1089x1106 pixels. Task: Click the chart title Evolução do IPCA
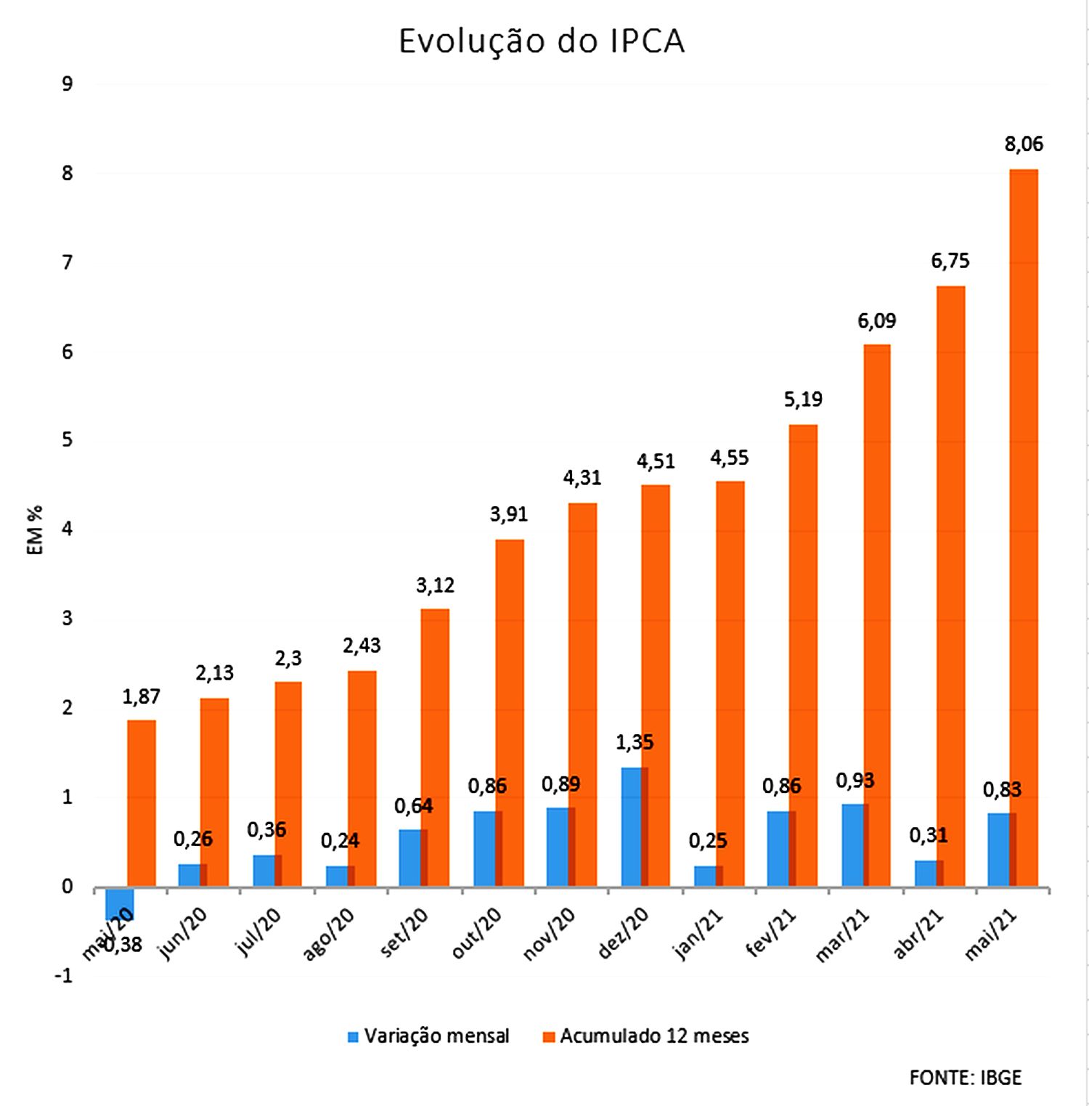point(542,41)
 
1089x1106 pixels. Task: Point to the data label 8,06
point(1024,145)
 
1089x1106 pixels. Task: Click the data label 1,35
point(635,742)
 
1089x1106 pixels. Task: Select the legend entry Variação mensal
point(428,1036)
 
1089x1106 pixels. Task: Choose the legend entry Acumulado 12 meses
point(645,1036)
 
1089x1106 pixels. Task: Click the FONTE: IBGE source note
point(965,1078)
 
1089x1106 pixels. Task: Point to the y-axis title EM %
point(35,530)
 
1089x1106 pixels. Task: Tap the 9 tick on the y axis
point(68,84)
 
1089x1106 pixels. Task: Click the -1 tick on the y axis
point(64,976)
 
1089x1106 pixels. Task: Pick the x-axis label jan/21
point(699,935)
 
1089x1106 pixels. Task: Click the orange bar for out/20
point(510,712)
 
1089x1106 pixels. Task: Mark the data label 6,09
point(876,321)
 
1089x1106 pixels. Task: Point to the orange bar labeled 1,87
point(142,802)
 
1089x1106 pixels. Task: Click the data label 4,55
point(729,458)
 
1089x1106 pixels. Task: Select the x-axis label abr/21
point(918,935)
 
